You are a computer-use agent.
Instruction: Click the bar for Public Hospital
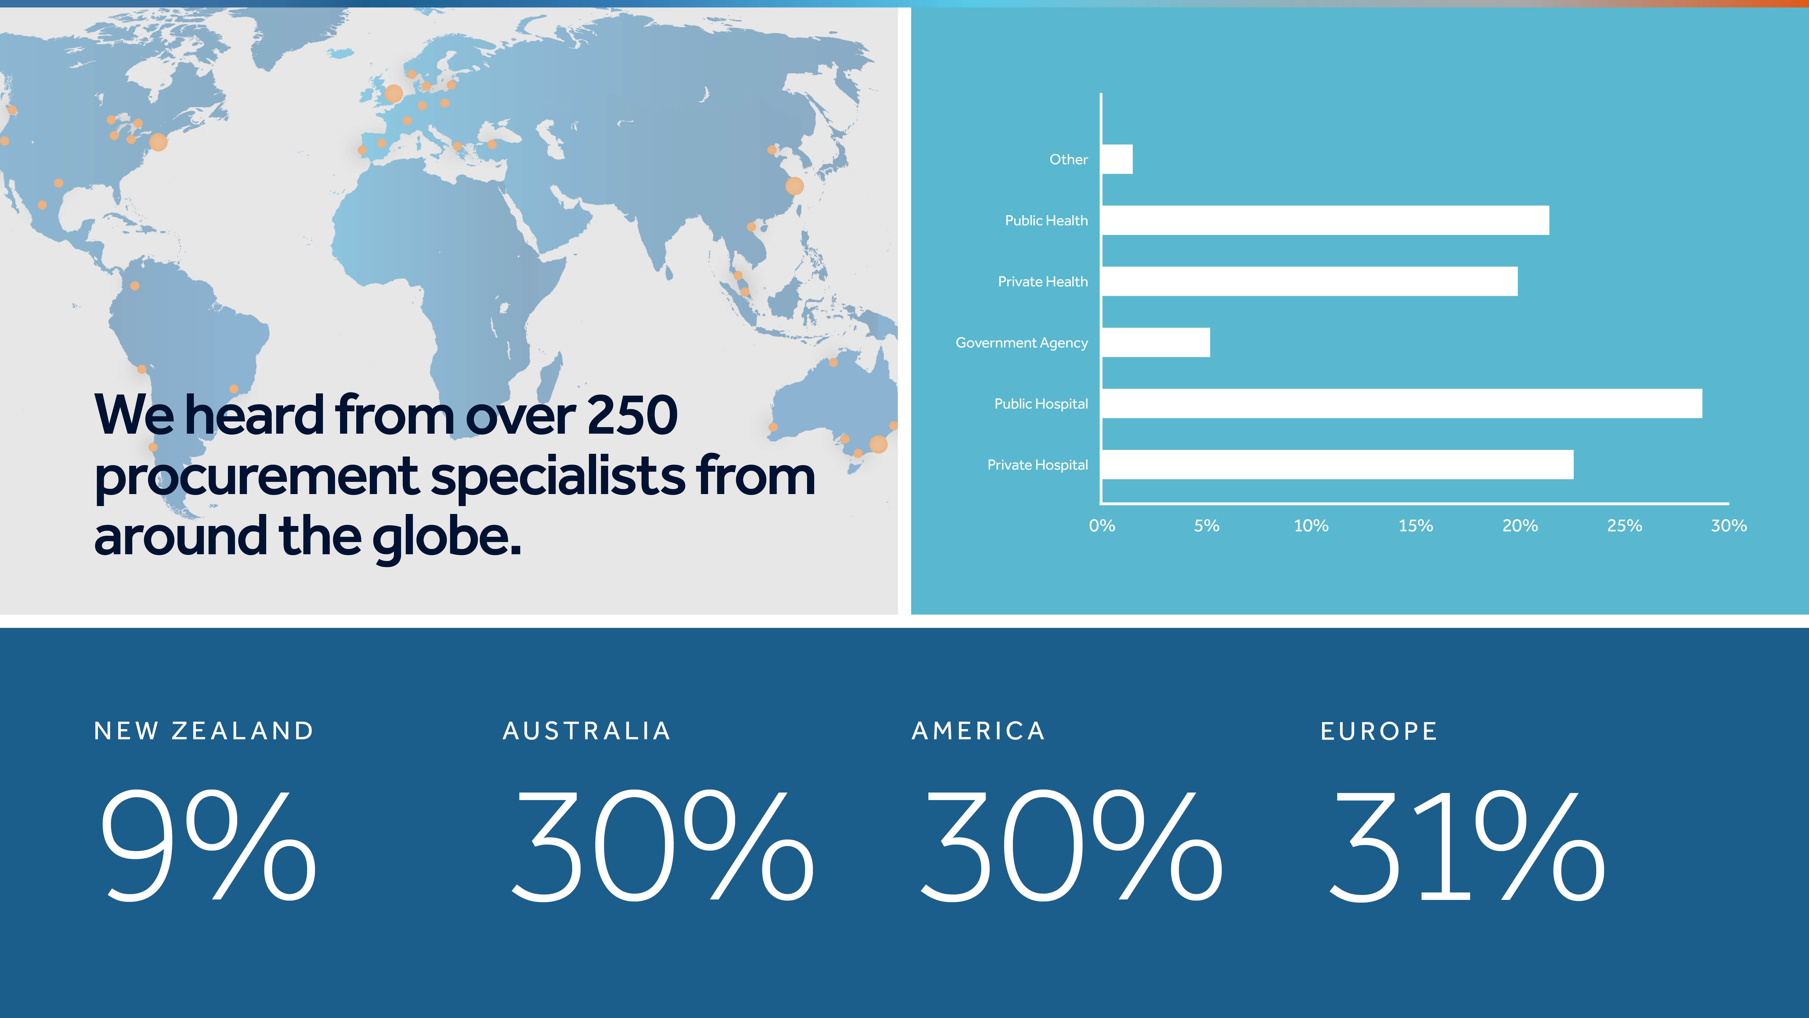(x=1402, y=403)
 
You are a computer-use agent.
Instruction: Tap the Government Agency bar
(x=1156, y=342)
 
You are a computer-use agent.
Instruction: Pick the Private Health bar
(x=1310, y=281)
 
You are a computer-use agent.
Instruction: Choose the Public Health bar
(x=1325, y=220)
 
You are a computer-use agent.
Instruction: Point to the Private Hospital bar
(x=1338, y=464)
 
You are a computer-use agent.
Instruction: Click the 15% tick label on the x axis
(x=1416, y=526)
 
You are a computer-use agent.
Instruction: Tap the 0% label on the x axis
(x=1102, y=526)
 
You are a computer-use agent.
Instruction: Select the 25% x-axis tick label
(x=1624, y=526)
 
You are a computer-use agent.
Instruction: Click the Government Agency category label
(x=1022, y=343)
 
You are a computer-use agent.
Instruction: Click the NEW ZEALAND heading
(x=204, y=731)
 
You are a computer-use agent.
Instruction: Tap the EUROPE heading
(x=1379, y=731)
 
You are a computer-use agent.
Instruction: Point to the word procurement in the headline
(x=256, y=478)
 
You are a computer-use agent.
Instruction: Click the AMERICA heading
(x=978, y=731)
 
